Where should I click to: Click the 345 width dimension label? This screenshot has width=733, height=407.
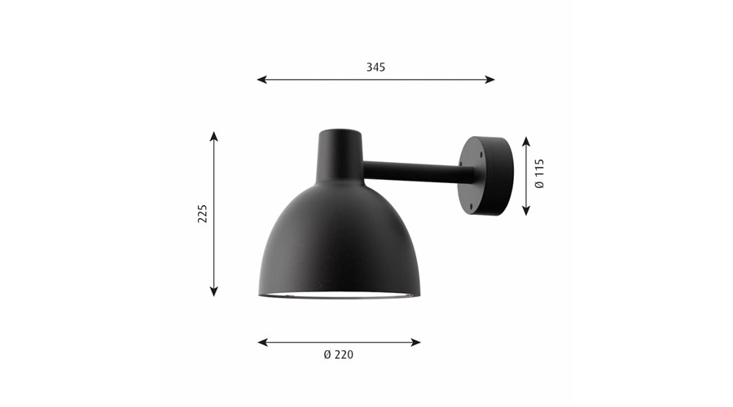coord(375,68)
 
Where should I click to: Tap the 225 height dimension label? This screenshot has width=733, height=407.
coord(203,213)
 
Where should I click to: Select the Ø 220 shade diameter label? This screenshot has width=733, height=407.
coord(339,355)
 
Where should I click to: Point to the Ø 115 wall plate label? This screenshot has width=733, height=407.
coord(539,173)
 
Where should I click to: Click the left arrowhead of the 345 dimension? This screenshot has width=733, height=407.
coord(261,80)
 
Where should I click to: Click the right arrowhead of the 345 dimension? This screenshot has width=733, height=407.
coord(490,80)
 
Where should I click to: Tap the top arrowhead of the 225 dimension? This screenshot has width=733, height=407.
coord(214,137)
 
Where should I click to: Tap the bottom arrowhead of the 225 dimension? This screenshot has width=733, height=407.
coord(214,291)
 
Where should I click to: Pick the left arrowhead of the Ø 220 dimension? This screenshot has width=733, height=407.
coord(263,343)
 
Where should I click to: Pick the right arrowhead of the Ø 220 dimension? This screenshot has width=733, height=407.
coord(415,343)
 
